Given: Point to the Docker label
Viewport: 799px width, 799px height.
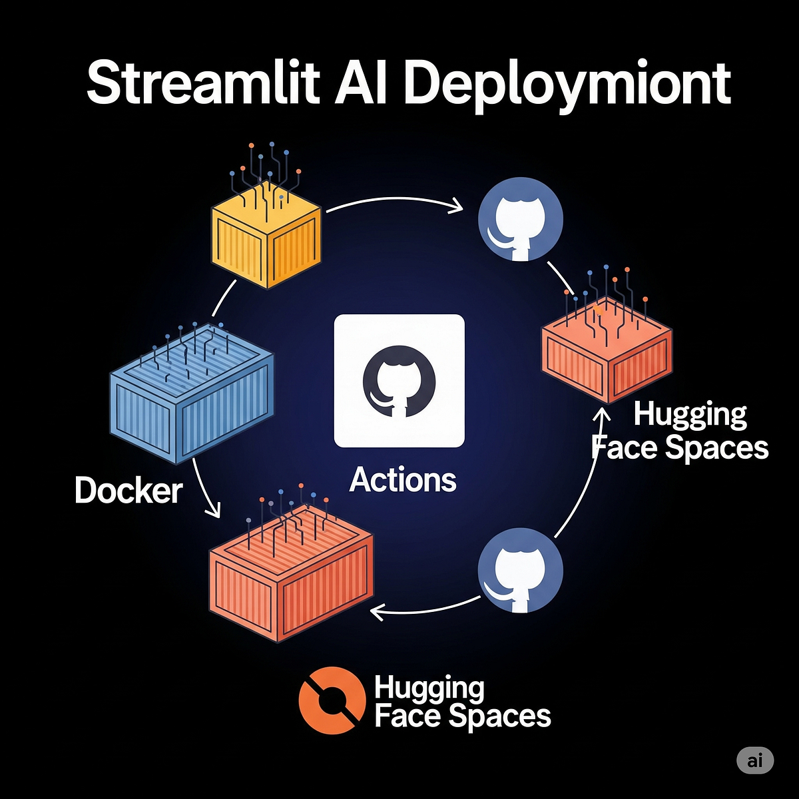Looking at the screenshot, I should coord(128,491).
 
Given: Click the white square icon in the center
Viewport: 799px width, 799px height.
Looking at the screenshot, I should coord(399,381).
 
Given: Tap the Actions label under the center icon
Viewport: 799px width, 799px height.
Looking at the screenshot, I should coord(403,479).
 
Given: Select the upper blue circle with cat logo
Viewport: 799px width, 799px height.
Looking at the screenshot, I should coord(521,219).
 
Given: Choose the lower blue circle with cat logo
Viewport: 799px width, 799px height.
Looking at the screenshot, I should coord(521,571).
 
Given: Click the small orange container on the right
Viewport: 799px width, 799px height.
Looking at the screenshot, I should coord(607,353).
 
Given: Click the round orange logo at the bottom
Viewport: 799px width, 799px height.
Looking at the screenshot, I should coord(332,700).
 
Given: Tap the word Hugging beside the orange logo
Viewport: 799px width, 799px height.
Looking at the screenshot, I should coord(429,688).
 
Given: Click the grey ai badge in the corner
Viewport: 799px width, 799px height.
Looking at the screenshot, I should coord(755,760).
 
